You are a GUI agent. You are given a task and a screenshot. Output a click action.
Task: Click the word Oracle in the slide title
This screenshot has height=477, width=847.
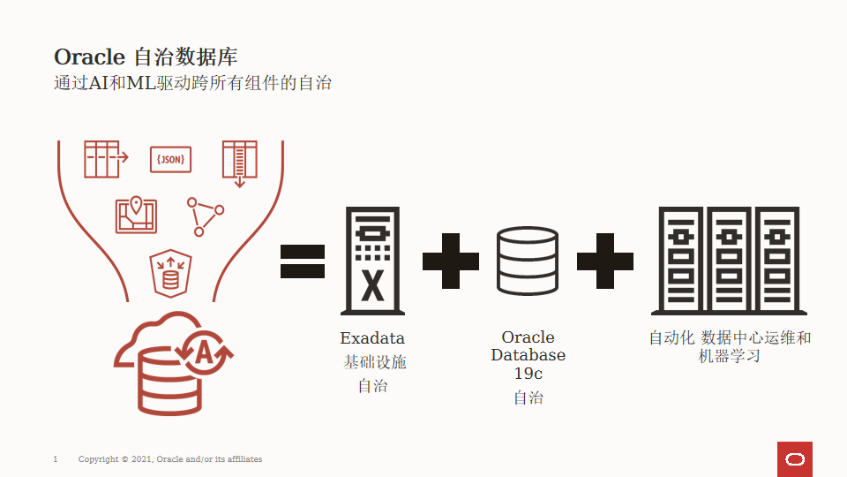pos(90,57)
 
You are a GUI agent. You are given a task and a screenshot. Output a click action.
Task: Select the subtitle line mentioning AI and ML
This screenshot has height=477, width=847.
pos(192,85)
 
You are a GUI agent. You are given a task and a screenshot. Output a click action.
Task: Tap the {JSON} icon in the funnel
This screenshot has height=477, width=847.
pos(171,159)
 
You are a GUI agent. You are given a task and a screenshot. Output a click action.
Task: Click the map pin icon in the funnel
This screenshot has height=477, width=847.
pos(136,213)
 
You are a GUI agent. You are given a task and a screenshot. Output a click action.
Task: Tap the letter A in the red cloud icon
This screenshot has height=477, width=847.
pos(204,353)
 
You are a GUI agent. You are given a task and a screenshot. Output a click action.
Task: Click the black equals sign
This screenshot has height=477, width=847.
pos(303,261)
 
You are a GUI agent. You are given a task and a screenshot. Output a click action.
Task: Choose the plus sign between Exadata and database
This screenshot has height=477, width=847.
pos(450,261)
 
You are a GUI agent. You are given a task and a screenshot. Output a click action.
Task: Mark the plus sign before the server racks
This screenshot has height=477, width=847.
pos(605,261)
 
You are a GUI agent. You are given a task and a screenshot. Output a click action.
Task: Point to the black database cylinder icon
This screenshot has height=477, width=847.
pos(527,261)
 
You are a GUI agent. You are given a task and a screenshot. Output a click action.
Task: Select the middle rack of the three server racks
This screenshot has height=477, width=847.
pos(729,261)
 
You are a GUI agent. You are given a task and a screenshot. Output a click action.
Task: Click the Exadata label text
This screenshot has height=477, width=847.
pos(372,338)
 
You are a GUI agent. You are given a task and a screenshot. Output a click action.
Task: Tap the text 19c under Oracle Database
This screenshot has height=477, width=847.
pos(528,374)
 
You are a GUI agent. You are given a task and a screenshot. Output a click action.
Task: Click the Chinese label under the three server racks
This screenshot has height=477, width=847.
pos(730,346)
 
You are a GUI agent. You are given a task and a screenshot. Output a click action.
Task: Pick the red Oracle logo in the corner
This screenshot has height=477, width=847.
pos(795,458)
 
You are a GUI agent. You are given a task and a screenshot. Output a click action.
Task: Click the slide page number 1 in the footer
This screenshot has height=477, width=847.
pos(56,459)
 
